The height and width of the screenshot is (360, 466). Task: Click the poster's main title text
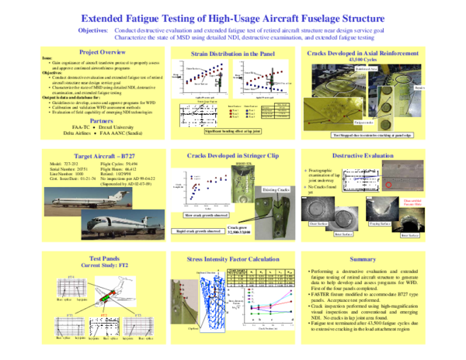[x=232, y=16]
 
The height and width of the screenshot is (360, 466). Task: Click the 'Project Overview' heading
[x=75, y=51]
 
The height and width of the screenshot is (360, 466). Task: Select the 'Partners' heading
[x=75, y=122]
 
